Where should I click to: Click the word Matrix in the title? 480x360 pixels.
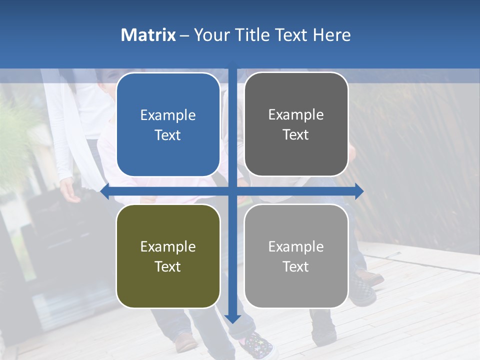coord(148,35)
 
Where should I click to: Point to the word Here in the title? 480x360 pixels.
coord(331,35)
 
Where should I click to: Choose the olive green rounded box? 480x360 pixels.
coord(168,290)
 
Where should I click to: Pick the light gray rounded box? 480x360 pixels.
coord(296,290)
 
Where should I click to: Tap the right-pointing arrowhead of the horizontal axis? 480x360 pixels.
coord(359,191)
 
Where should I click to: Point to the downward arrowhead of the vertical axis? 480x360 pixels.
coord(232,318)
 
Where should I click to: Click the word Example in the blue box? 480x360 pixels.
coord(168,115)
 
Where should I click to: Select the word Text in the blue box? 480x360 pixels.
coord(168,135)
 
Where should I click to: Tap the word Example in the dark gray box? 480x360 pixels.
coord(296,115)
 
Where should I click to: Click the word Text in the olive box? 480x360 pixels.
coord(168,267)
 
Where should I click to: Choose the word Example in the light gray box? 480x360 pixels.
coord(296,246)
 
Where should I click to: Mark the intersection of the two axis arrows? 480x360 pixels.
coord(232,191)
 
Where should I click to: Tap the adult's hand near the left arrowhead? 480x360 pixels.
coord(70,192)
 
